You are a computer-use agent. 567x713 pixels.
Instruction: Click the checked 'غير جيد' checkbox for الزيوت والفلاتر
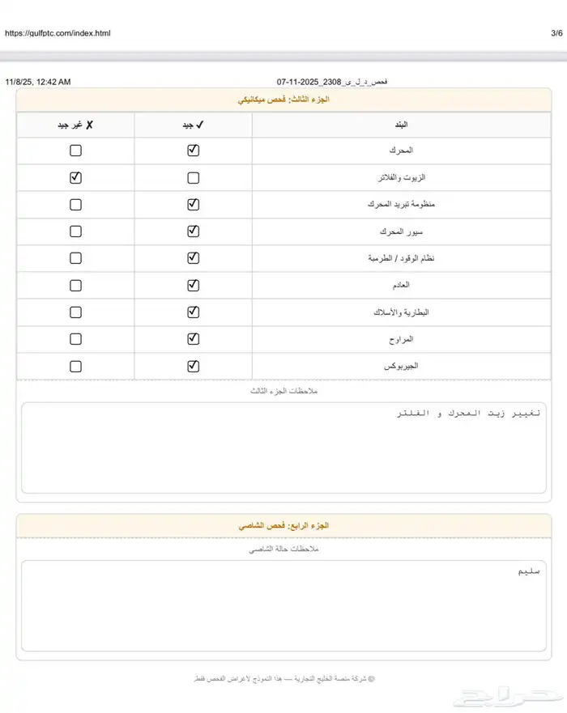point(75,178)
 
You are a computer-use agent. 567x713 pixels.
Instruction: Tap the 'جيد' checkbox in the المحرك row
point(193,151)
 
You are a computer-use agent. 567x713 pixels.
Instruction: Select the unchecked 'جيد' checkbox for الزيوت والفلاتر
point(193,178)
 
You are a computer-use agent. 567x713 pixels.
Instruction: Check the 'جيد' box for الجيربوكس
point(193,366)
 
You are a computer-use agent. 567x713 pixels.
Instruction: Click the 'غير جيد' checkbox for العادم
point(75,285)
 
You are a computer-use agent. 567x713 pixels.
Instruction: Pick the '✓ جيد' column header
point(193,125)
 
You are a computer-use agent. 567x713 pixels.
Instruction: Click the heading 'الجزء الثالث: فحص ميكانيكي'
point(283,100)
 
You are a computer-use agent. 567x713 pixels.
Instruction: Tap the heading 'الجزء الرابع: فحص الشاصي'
point(283,526)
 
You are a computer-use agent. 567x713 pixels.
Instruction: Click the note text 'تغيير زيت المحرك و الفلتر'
point(469,414)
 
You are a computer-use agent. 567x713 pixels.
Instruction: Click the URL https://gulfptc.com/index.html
point(58,33)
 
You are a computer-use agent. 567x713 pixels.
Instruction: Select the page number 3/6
point(556,33)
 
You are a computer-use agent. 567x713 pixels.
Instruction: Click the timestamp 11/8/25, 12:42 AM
point(38,82)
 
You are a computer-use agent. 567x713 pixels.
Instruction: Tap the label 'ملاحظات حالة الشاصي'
point(283,550)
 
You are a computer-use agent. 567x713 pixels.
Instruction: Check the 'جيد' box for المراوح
point(193,339)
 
